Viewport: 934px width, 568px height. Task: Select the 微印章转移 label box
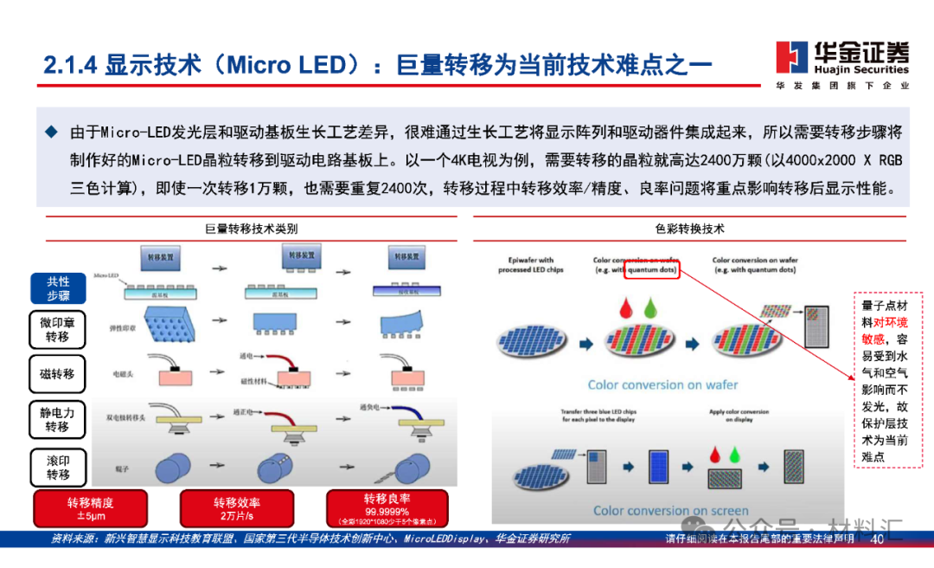point(58,330)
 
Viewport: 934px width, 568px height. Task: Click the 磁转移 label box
point(58,374)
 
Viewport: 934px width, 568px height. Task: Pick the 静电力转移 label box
point(58,420)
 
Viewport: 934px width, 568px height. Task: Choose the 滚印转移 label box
point(58,468)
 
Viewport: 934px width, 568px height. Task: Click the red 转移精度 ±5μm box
point(91,509)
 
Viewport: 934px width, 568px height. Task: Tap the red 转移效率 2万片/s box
point(238,509)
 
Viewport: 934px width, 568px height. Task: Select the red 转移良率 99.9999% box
point(387,509)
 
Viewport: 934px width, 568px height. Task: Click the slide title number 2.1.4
point(71,64)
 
